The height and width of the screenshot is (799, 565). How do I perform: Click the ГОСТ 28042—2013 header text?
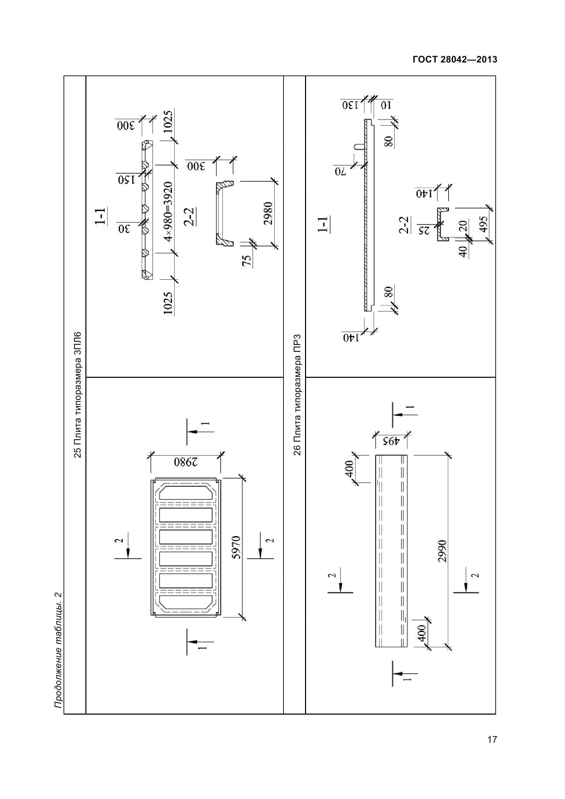(x=455, y=59)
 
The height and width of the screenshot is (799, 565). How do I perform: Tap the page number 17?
(x=492, y=749)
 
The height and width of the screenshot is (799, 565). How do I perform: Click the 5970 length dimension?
(x=236, y=547)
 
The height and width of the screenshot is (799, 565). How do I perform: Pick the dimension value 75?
(x=246, y=261)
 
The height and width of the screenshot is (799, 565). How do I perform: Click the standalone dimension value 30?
(x=124, y=229)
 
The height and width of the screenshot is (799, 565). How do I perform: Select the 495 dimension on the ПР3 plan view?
(x=390, y=442)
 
